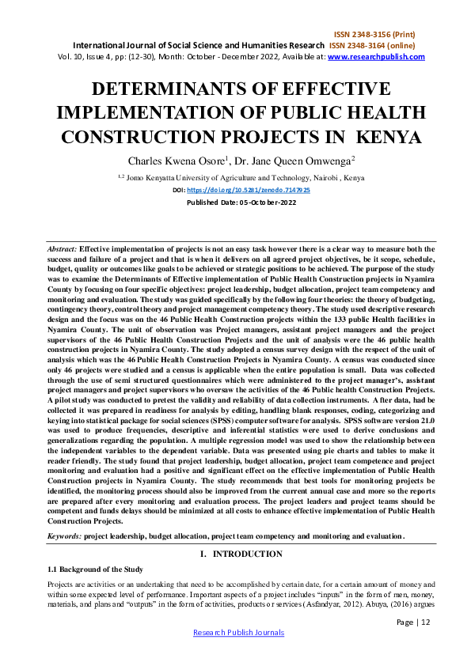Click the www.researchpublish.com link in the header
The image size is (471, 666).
[376, 57]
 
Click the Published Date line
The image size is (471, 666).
[235, 202]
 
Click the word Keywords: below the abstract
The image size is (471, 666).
[64, 536]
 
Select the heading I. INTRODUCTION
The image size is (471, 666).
[235, 554]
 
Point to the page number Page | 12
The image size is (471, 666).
[413, 622]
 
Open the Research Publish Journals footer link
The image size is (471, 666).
[235, 634]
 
